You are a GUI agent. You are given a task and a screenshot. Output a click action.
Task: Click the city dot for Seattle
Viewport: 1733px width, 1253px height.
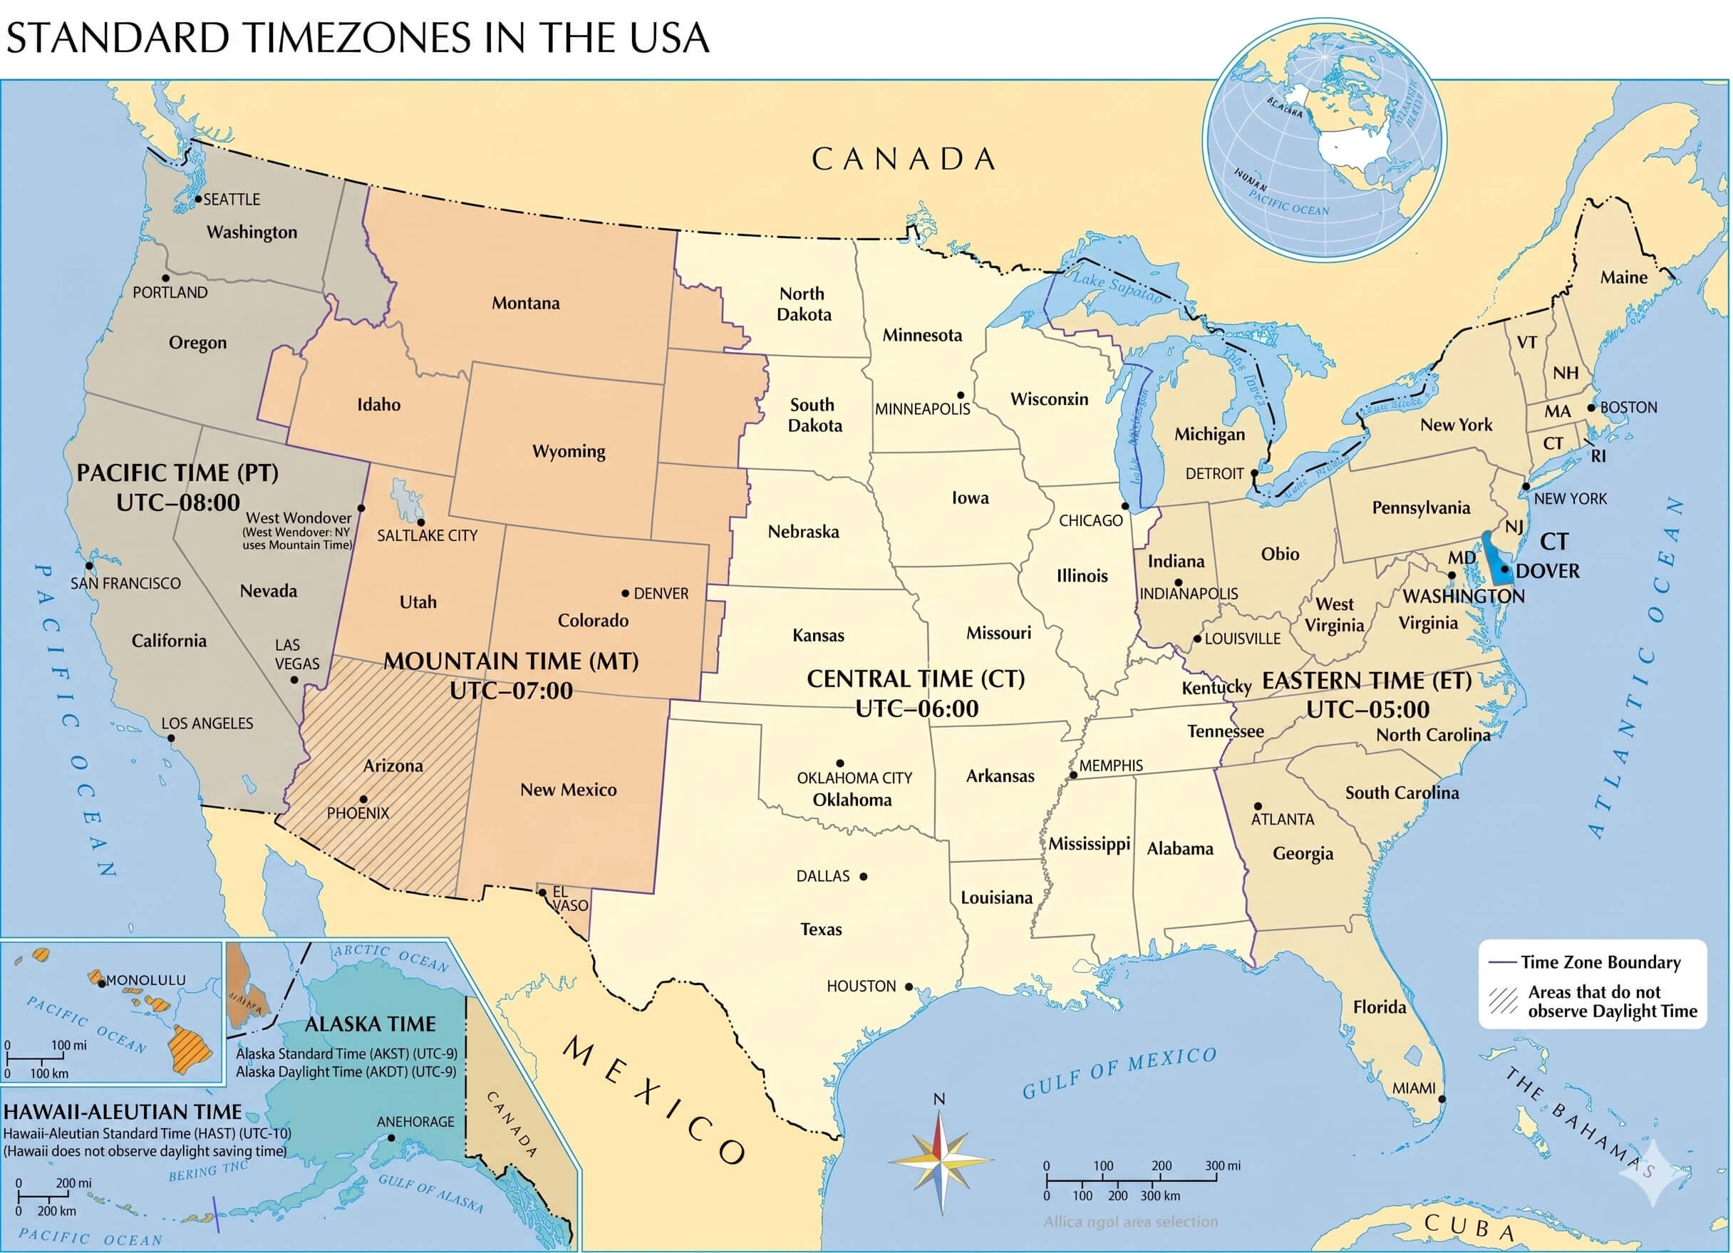coord(198,199)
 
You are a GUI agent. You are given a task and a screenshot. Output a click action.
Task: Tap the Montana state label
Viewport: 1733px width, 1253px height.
coord(525,303)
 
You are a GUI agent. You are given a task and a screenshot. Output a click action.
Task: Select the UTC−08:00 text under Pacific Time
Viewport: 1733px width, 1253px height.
coord(178,502)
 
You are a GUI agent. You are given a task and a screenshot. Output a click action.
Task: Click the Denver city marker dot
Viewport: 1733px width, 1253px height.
coord(625,592)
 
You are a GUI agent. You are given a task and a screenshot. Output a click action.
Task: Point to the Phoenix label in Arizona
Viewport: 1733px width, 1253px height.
coord(358,813)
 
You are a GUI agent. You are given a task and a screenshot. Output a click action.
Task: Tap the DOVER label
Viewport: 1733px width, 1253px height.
coord(1546,571)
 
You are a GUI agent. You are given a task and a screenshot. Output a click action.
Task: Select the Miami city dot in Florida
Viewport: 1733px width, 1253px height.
coord(1442,1098)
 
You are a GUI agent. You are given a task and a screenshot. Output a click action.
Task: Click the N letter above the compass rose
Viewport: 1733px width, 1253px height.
coord(939,1098)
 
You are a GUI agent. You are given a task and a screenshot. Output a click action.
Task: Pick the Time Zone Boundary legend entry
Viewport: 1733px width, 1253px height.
coord(1599,961)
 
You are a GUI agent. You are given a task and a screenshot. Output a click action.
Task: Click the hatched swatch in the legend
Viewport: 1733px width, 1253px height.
coord(1503,1000)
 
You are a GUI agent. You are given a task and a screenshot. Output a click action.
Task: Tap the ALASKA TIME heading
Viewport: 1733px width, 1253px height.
coord(370,1023)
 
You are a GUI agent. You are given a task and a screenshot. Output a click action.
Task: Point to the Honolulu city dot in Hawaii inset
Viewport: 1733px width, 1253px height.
coord(102,983)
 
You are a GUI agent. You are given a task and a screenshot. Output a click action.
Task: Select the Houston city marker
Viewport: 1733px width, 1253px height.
coord(909,986)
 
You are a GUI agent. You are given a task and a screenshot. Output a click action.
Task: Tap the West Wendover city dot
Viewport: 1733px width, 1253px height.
coord(361,507)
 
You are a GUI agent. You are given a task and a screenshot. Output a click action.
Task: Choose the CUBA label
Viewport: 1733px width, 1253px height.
coord(1469,1226)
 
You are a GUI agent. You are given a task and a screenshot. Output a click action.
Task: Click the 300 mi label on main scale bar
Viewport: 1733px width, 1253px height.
coord(1223,1165)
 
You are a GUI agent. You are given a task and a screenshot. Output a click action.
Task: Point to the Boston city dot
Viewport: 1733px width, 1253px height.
coord(1592,408)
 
